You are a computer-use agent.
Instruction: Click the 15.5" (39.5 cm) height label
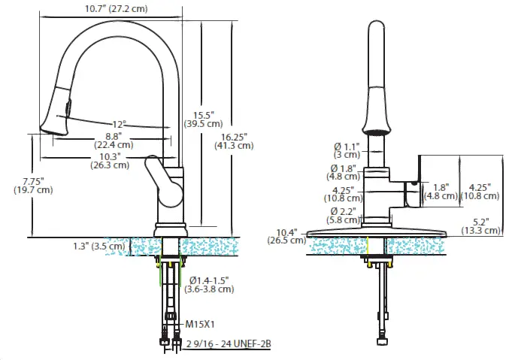203,118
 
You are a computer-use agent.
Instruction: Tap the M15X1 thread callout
201,325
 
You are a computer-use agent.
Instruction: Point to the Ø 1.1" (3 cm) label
347,150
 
